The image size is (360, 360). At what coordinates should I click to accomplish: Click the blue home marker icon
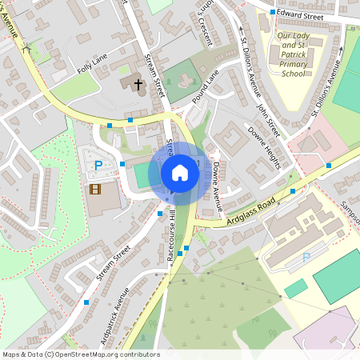click(180, 172)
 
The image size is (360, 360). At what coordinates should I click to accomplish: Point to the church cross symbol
click(137, 83)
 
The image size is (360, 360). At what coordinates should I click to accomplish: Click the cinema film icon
click(96, 190)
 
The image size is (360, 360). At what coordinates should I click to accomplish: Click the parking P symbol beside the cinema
click(98, 166)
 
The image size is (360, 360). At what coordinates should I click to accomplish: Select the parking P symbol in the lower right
click(306, 258)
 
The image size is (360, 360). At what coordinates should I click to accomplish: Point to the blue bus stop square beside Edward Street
click(273, 13)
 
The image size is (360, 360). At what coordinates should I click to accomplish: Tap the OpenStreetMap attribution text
click(80, 354)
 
